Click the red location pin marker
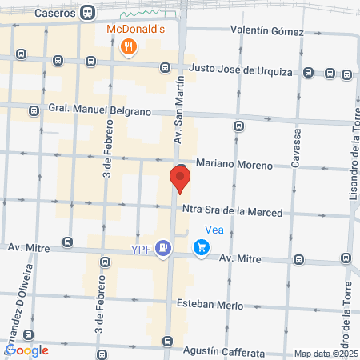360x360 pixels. click(181, 178)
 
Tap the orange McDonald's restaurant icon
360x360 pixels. click(127, 49)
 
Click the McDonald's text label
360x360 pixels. click(136, 30)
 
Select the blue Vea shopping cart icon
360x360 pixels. click(202, 249)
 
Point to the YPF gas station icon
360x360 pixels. click(163, 249)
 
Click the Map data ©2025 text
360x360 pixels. click(326, 354)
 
